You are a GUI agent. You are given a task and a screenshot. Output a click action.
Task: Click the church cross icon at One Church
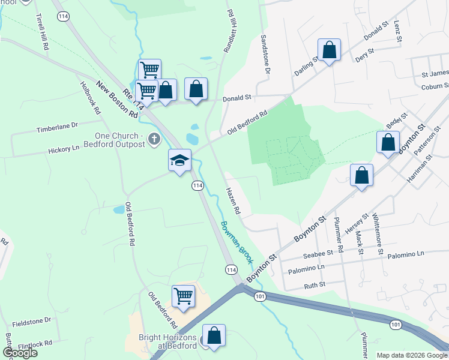pyautogui.click(x=154, y=140)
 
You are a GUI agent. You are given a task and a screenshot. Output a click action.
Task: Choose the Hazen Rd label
pyautogui.click(x=233, y=201)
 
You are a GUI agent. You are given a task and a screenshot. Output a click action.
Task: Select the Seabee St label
pyautogui.click(x=318, y=254)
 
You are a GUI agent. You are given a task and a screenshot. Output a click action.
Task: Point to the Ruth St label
pyautogui.click(x=315, y=285)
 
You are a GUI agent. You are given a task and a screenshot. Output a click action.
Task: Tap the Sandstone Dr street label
pyautogui.click(x=265, y=55)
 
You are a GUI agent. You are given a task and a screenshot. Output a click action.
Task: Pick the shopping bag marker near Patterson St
pyautogui.click(x=388, y=143)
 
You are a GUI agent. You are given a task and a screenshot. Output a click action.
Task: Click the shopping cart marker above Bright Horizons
pyautogui.click(x=184, y=295)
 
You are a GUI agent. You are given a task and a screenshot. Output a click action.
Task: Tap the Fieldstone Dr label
pyautogui.click(x=32, y=321)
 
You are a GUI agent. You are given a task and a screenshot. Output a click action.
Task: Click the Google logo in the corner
pyautogui.click(x=20, y=353)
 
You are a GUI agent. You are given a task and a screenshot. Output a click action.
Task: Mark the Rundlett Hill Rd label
pyautogui.click(x=229, y=30)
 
